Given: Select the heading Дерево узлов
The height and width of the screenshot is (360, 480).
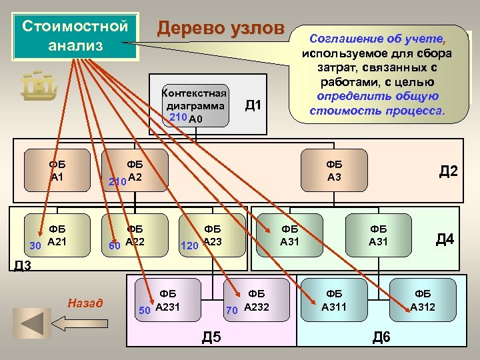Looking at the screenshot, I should [220, 29].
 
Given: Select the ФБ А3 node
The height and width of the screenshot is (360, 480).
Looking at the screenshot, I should [334, 171].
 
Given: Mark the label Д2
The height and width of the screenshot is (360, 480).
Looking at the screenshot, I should [447, 171].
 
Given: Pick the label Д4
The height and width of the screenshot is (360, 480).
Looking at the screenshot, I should [445, 238].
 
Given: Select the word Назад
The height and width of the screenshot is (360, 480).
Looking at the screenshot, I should [85, 304].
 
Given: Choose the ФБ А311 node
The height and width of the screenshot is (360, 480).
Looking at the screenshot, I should [333, 300].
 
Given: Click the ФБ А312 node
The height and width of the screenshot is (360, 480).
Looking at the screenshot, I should [422, 300].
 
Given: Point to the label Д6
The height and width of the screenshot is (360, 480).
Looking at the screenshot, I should [381, 337].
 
